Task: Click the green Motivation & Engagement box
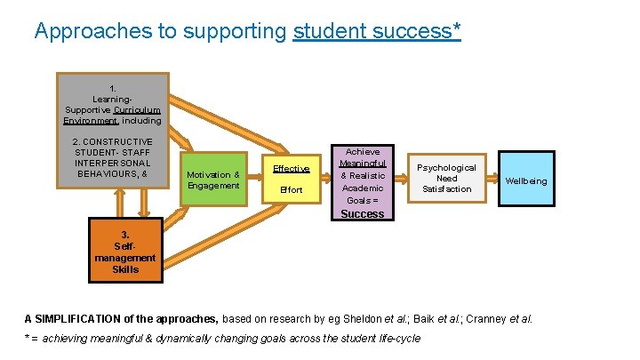[213, 180]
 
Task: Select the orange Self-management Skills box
[125, 252]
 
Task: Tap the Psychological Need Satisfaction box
[446, 178]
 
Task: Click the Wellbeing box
[526, 180]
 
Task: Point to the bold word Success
[363, 213]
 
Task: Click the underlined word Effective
[291, 168]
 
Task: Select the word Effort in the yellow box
[291, 190]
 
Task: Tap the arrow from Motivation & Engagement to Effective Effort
[255, 180]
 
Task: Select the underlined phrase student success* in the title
[376, 32]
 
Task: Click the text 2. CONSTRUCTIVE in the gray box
[112, 142]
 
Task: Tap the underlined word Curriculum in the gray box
[139, 110]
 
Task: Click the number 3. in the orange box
[125, 236]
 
